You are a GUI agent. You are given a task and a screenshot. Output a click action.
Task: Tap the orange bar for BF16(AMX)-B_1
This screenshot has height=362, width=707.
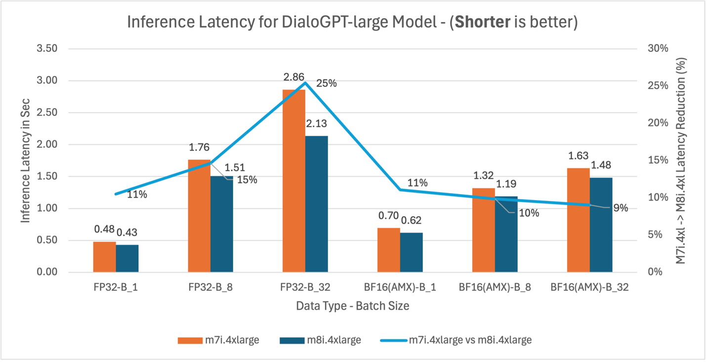[x=388, y=250]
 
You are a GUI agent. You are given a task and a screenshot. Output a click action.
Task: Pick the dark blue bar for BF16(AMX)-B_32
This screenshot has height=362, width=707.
[x=601, y=225]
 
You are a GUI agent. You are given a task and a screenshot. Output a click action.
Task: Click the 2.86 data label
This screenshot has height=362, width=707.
[x=294, y=78]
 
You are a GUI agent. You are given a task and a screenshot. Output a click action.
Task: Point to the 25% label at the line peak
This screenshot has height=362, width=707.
[x=327, y=83]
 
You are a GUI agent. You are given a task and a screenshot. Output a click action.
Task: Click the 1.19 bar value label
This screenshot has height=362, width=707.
[x=506, y=184]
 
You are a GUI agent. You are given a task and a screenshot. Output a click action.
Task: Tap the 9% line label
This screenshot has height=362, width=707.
[x=621, y=208]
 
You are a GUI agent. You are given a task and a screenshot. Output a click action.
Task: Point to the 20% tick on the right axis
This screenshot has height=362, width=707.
[x=658, y=123]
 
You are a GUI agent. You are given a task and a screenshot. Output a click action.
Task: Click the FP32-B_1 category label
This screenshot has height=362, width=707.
[x=116, y=287]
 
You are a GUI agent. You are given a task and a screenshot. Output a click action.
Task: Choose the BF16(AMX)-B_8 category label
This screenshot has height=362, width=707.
[x=495, y=287]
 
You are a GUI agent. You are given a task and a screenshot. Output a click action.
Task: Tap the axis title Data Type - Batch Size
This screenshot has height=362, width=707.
[x=352, y=306]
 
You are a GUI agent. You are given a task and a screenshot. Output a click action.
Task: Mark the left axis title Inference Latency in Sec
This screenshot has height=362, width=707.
[x=26, y=161]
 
